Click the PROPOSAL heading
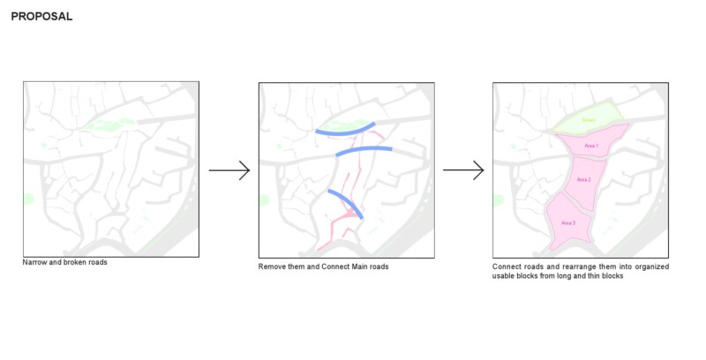click(x=41, y=17)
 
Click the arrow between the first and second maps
click(x=229, y=170)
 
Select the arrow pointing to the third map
click(x=463, y=170)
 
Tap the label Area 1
click(x=591, y=145)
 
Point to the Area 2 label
click(x=583, y=179)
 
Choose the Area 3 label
click(x=568, y=222)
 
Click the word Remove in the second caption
click(x=272, y=266)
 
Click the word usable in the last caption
click(x=505, y=276)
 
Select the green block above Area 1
click(x=590, y=120)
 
